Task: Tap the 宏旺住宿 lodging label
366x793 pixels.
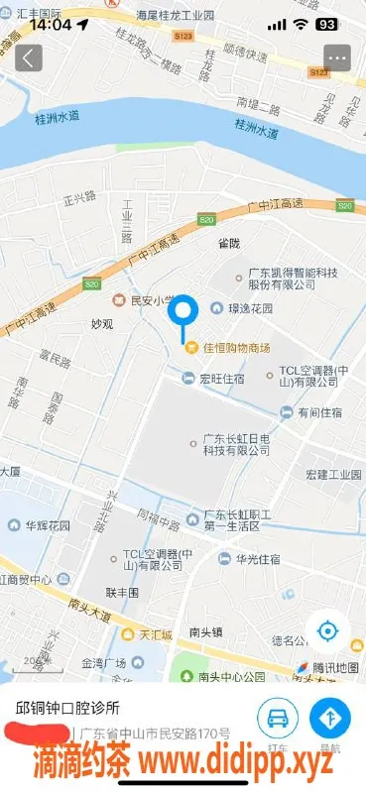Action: (x=222, y=377)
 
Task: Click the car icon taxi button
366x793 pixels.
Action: (x=280, y=719)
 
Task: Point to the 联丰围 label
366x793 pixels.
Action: (x=123, y=592)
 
